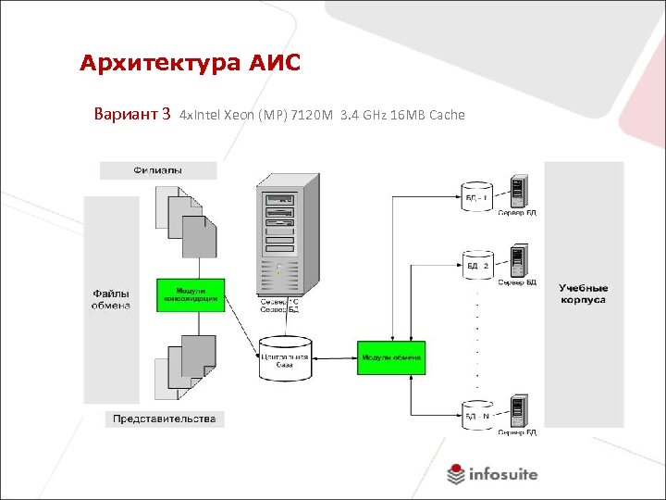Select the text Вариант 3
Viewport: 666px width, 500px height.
pyautogui.click(x=132, y=115)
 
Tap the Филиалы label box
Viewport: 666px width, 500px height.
pyautogui.click(x=158, y=170)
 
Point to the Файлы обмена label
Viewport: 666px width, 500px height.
pyautogui.click(x=111, y=299)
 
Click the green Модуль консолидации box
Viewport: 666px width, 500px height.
pyautogui.click(x=191, y=294)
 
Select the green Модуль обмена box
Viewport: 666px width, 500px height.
pyautogui.click(x=391, y=357)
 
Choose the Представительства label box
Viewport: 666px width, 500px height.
pyautogui.click(x=165, y=419)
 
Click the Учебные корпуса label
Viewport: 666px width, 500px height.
pyautogui.click(x=583, y=294)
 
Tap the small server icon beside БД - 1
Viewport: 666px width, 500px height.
pyautogui.click(x=518, y=190)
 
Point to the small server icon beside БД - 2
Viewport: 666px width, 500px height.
pyautogui.click(x=518, y=260)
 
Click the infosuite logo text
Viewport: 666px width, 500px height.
pyautogui.click(x=503, y=474)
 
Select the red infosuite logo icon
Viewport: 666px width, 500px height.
pyautogui.click(x=455, y=474)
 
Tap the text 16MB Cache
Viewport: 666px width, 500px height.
pyautogui.click(x=428, y=116)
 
